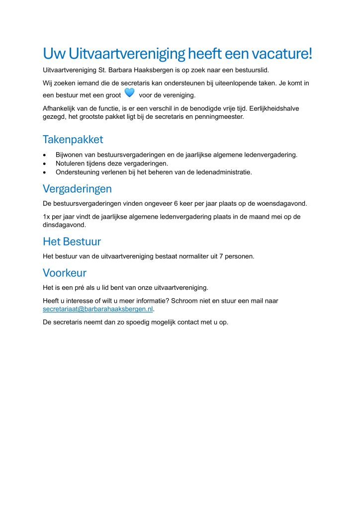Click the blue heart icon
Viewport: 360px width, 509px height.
129,92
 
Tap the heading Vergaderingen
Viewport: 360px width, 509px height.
77,189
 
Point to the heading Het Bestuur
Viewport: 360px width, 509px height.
72,242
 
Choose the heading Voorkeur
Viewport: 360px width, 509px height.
65,273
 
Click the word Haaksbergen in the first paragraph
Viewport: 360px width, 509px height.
155,70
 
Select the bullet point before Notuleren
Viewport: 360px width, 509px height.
46,164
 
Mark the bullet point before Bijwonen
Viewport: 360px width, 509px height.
46,155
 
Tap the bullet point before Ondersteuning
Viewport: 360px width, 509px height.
46,172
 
